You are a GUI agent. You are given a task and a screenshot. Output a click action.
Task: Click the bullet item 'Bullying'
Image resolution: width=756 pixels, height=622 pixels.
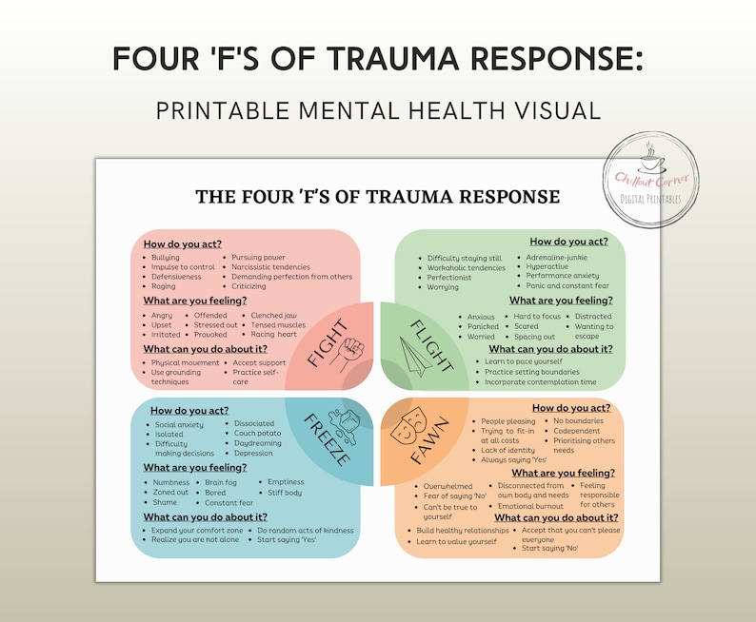165,258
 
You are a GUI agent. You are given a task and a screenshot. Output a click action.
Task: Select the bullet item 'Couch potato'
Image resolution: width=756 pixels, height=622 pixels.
258,434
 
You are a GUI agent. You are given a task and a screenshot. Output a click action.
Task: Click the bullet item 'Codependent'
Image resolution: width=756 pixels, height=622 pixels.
577,430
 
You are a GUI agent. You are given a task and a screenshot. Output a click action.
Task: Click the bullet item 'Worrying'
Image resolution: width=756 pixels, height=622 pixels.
443,287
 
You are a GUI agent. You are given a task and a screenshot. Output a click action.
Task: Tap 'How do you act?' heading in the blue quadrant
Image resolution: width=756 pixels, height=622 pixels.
186,411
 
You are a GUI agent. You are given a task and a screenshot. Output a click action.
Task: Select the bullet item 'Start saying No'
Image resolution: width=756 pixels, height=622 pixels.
551,548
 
